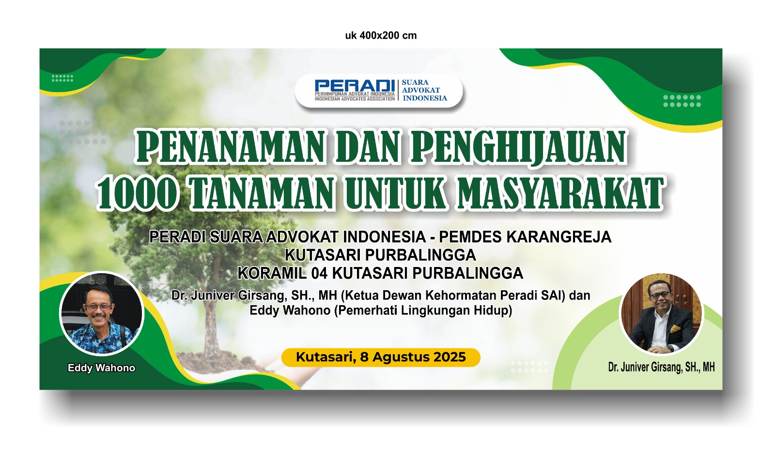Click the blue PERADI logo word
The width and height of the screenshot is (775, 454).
pos(355,86)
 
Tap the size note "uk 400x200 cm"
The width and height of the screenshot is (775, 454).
pos(381,36)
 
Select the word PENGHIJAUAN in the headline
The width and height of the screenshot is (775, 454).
pos(518,146)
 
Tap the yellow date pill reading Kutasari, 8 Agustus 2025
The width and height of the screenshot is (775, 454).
pos(381,357)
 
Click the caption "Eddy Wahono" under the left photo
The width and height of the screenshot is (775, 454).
pos(101,368)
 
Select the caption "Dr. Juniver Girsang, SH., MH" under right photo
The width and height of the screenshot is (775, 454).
pos(661,367)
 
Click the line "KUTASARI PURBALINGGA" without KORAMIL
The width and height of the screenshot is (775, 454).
pos(380,255)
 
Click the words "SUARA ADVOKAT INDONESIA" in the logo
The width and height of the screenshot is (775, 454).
pos(424,90)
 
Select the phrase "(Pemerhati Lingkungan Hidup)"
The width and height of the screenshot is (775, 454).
pos(423,311)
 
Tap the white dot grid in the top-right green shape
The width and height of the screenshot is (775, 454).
pos(682,101)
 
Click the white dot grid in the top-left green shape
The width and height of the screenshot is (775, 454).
pos(62,78)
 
